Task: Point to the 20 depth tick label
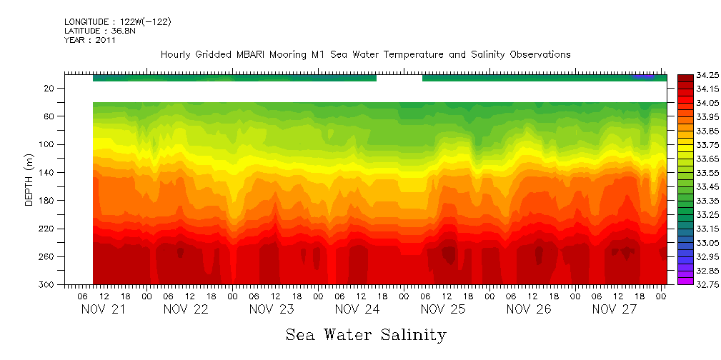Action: (50, 88)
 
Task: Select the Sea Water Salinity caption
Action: (366, 334)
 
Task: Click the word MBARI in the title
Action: (253, 54)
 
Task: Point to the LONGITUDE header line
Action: (117, 22)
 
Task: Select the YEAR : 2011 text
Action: (90, 40)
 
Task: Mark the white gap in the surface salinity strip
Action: (399, 78)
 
